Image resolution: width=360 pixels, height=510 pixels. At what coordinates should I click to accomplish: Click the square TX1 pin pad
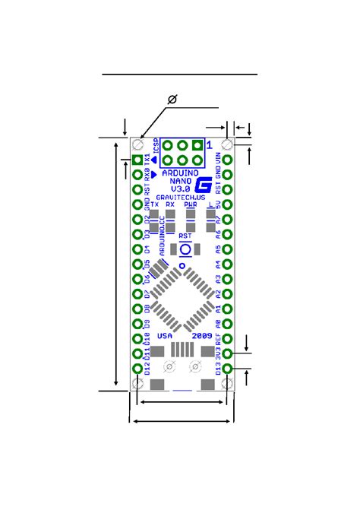137,160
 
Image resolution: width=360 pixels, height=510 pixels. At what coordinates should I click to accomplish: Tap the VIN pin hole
227,160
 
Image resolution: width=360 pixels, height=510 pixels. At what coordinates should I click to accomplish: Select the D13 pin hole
227,369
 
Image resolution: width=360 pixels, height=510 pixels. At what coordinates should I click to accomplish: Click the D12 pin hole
137,369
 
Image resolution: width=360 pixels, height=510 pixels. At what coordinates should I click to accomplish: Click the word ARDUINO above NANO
182,174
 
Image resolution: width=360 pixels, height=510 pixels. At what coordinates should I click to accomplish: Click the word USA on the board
165,335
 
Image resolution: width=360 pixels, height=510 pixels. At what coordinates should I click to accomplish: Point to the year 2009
201,335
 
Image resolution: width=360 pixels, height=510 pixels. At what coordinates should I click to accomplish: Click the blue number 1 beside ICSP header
210,141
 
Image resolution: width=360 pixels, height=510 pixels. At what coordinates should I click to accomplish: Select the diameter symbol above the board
172,100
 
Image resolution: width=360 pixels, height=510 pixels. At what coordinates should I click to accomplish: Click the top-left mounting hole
137,144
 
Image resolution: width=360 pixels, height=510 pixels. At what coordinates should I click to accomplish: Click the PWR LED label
191,204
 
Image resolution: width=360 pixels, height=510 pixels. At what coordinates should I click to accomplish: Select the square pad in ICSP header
197,144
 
